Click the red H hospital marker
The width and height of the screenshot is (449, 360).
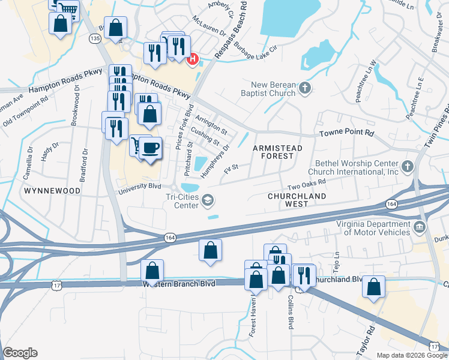(193, 59)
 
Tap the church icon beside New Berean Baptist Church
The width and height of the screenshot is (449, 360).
(305, 89)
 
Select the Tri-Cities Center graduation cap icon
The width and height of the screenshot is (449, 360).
(208, 200)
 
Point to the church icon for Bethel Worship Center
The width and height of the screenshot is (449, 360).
(408, 166)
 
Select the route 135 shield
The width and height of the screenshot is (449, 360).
(94, 38)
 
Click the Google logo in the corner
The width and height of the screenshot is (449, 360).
(20, 353)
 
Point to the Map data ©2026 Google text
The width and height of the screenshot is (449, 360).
(411, 355)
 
